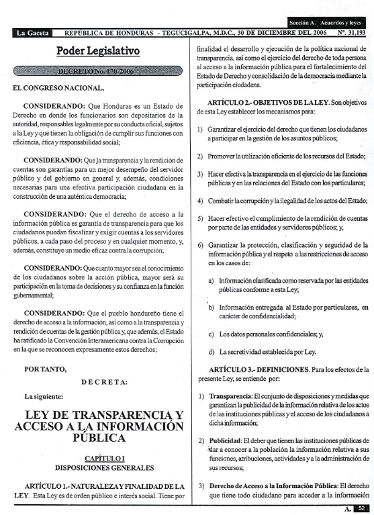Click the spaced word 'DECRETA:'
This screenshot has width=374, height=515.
coord(104,382)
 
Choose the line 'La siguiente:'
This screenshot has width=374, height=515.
coord(46,396)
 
